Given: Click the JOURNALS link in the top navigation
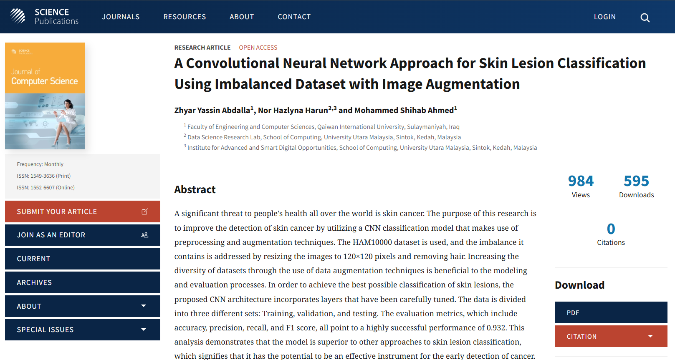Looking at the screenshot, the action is tap(121, 17).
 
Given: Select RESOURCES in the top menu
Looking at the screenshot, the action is tap(185, 17).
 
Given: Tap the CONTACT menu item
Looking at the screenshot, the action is tap(294, 17).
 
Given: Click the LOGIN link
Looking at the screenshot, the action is tap(604, 17).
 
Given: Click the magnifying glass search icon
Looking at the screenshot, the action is tap(645, 18).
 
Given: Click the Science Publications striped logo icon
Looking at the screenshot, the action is tap(18, 16).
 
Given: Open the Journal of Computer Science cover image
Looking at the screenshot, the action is tap(45, 96).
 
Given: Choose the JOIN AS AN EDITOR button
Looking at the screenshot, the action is tap(83, 235).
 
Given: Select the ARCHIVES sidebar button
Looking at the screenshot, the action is tap(83, 282).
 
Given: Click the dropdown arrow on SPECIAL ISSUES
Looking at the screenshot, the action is tap(144, 330).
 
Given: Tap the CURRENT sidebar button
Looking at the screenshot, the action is tap(83, 259).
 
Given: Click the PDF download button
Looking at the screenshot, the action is tap(611, 312).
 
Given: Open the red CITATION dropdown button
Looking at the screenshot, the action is tap(611, 336).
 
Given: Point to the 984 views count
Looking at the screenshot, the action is tap(581, 181).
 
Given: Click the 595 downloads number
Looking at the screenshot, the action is tap(636, 181).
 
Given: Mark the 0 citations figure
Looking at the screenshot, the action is tap(611, 229).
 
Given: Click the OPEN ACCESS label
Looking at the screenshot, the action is tap(258, 48).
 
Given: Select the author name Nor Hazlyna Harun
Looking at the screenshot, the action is tap(293, 110).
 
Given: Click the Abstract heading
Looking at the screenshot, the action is tap(195, 189).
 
